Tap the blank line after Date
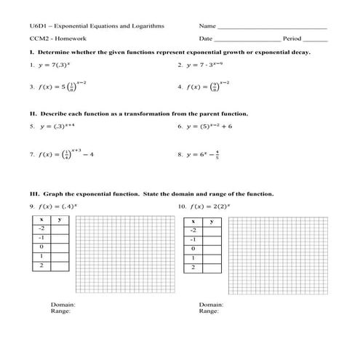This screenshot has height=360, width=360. pos(247,40)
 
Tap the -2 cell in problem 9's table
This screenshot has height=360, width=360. pos(41,228)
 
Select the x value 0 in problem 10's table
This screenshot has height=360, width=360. pos(193,248)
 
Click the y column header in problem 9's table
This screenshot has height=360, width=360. pos(59,219)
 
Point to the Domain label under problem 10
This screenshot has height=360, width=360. pos(211,304)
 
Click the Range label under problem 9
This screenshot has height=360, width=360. pos(61,311)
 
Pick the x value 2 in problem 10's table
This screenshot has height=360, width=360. pos(193,267)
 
